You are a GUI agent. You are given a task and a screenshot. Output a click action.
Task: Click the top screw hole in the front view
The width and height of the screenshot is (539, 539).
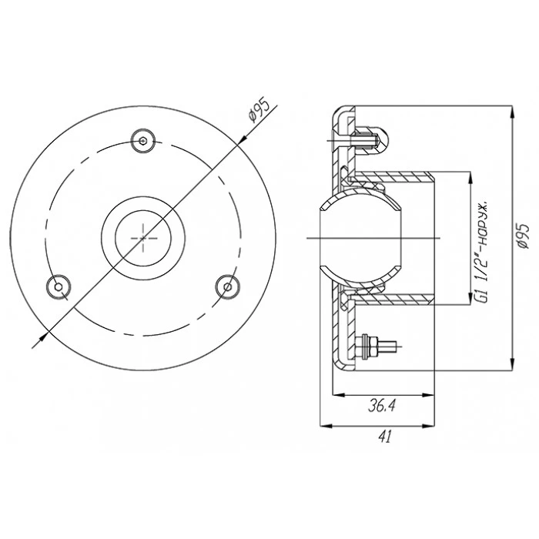[143, 141]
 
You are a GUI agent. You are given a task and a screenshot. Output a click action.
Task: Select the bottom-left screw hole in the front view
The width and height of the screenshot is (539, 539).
[58, 286]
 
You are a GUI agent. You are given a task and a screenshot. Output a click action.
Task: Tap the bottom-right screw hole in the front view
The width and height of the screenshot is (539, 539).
[228, 286]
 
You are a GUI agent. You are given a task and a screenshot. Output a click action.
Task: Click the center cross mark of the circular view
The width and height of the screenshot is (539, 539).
[143, 238]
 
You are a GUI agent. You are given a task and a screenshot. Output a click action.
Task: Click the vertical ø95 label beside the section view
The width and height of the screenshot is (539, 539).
[523, 236]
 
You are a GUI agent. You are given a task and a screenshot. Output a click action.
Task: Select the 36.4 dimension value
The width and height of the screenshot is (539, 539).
[382, 406]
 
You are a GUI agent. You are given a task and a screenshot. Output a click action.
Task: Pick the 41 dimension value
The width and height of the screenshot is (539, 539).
[385, 437]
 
